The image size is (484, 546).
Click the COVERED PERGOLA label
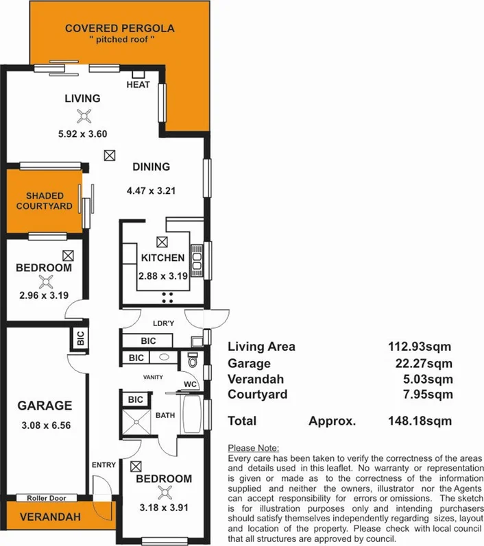[x=119, y=28]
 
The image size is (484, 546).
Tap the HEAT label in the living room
[x=138, y=84]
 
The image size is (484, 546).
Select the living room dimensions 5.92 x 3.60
[x=83, y=134]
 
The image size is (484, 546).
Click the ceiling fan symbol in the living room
[x=84, y=116]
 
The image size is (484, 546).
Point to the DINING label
[x=151, y=166]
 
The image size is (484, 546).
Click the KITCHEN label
[x=162, y=258]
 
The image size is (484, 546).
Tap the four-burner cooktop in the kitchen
[x=167, y=297]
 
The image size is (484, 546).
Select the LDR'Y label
[x=162, y=323]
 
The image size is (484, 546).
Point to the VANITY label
[x=152, y=377]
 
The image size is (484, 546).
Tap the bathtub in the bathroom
[x=192, y=413]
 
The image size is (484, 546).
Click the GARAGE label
[x=45, y=406]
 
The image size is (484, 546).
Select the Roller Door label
[x=45, y=498]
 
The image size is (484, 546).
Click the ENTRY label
[x=104, y=465]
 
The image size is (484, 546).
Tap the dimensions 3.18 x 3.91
[x=164, y=509]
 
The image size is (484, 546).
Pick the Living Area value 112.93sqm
[x=420, y=347]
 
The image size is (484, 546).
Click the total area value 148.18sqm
[x=420, y=421]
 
